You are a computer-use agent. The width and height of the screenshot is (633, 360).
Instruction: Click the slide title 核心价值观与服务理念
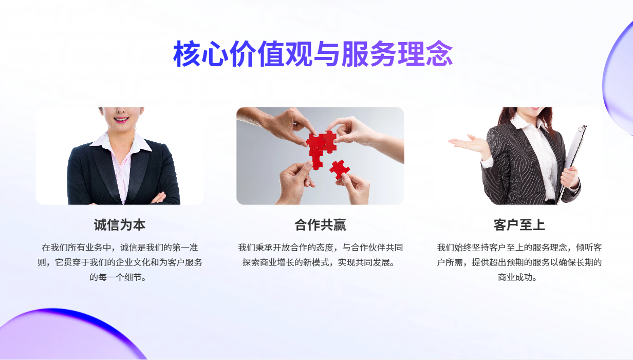[x=313, y=53]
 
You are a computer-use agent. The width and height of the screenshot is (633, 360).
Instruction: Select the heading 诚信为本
[x=120, y=225]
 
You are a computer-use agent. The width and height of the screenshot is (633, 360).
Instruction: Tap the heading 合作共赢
[x=320, y=225]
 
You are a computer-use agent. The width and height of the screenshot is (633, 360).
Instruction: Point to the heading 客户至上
[x=519, y=225]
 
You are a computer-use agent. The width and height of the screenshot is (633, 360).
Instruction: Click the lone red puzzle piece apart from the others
[x=340, y=169]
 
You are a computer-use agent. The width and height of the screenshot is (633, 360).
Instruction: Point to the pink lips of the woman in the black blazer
[x=121, y=120]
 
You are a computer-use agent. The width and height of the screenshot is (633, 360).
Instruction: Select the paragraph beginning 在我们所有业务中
[x=120, y=262]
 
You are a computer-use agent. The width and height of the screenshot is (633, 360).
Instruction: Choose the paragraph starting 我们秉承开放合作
[x=320, y=255]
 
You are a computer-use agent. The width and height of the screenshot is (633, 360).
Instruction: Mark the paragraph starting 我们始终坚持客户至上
[x=519, y=262]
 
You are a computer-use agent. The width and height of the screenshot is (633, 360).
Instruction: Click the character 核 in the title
[x=187, y=53]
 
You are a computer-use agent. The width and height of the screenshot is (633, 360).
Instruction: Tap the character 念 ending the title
[x=439, y=53]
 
